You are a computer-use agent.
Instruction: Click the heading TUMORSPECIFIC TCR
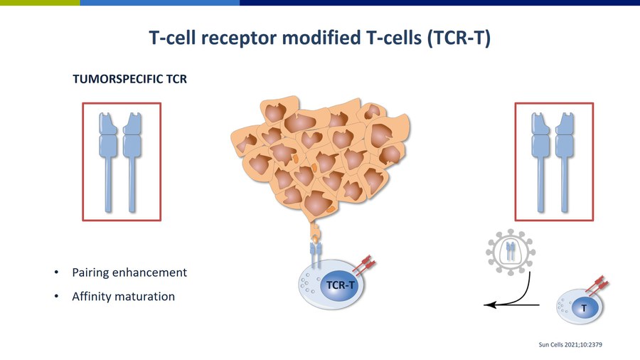tap(130, 80)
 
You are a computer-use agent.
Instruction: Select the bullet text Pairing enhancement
tap(129, 272)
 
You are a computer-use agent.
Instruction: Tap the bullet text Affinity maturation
tap(123, 296)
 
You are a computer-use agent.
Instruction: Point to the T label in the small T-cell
tap(584, 308)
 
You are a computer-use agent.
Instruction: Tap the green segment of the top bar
tap(40, 3)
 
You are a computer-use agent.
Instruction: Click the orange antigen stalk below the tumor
tap(316, 231)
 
